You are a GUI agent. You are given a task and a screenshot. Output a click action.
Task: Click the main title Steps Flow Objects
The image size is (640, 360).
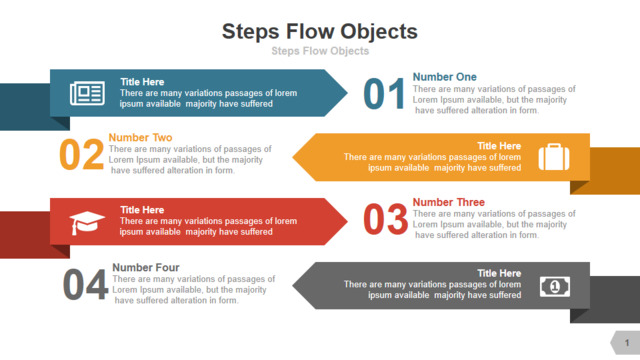tap(320, 32)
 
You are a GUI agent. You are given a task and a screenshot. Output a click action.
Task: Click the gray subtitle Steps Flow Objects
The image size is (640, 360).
tap(320, 51)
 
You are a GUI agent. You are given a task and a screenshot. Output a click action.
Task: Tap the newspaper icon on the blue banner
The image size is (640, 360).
tap(87, 93)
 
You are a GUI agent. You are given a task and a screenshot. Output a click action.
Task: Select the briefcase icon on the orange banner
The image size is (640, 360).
tap(554, 157)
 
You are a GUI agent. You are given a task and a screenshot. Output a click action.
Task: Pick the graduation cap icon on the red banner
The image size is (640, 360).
tap(87, 223)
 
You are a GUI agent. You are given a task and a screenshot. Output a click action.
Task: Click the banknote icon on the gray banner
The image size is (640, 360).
tap(555, 287)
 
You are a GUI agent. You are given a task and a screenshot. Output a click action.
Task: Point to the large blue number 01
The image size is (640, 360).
tap(384, 94)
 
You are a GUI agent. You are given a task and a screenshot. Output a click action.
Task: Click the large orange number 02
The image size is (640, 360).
tap(81, 154)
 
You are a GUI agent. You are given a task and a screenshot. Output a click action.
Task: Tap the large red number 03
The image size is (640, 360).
tap(385, 220)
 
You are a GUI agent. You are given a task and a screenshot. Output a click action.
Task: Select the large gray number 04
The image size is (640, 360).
tap(85, 284)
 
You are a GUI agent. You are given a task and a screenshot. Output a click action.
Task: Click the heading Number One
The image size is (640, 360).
tap(444, 77)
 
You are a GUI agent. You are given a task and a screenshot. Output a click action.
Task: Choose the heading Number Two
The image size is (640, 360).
tap(140, 138)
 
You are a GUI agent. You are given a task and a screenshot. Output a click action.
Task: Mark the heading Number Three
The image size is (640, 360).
tap(449, 202)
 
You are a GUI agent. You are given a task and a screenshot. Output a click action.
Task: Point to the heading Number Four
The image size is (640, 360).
tap(146, 267)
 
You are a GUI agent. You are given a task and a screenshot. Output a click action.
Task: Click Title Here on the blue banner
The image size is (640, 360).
tap(142, 82)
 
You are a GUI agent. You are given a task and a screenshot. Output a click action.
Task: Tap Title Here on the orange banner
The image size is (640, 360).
tap(499, 146)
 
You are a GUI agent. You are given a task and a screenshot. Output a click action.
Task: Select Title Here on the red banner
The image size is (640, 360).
tap(142, 210)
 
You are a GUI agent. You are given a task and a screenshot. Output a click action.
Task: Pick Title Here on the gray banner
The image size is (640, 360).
tap(499, 273)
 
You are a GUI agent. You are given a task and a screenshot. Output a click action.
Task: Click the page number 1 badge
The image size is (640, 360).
tap(626, 342)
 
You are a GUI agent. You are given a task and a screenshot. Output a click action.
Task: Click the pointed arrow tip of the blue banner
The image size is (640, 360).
tap(347, 93)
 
